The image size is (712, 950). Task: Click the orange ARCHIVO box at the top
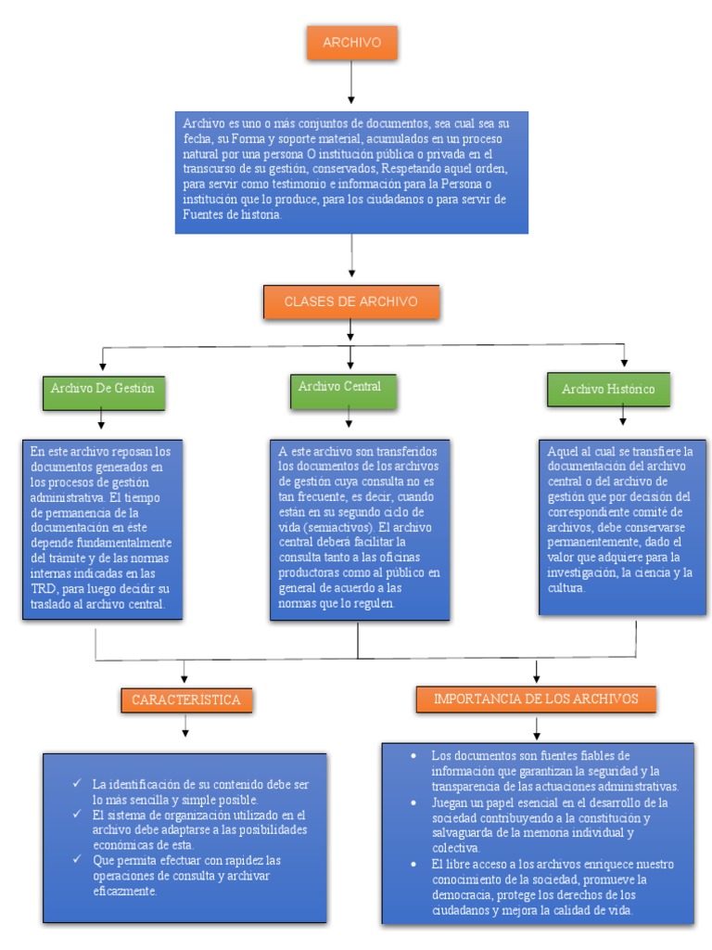click(350, 45)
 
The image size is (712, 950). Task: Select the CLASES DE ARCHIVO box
click(350, 302)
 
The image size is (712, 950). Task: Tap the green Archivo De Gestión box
click(102, 390)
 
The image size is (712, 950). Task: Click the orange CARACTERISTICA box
click(186, 700)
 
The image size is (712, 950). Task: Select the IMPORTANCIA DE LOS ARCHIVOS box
click(536, 699)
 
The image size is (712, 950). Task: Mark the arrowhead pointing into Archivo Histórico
click(624, 361)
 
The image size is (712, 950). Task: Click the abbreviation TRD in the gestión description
click(44, 589)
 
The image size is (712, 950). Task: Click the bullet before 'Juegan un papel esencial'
click(413, 802)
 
